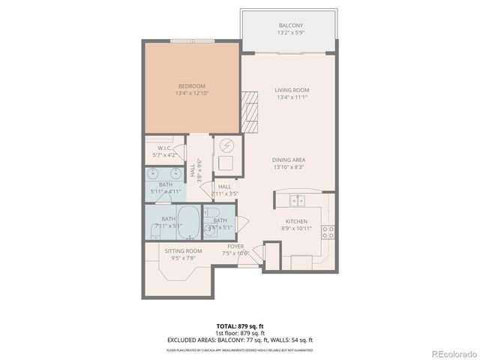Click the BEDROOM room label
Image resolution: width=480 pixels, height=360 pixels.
coord(191,85)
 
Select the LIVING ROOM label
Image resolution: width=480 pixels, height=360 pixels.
coord(292,90)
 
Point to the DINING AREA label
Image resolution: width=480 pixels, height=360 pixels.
coord(289,160)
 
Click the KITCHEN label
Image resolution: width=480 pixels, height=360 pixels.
coord(295,220)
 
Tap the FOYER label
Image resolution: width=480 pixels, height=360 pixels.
coord(236,246)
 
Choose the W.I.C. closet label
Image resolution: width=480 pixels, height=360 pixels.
coord(166,148)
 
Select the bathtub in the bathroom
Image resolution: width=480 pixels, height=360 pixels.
coord(190,222)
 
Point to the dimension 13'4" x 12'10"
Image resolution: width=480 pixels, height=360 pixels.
coord(191,93)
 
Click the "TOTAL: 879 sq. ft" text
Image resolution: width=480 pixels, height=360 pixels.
coord(239,326)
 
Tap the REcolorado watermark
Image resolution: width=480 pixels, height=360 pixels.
coord(452,352)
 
